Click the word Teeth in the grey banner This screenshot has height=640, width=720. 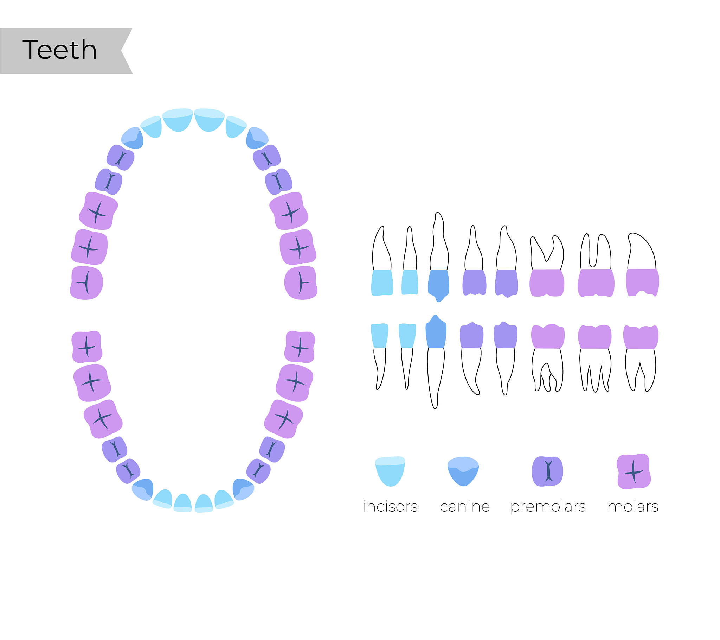(x=59, y=50)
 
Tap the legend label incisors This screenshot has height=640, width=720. (x=390, y=506)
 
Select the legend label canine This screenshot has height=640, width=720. (x=465, y=506)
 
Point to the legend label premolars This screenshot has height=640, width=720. (x=548, y=507)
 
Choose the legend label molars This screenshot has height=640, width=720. (x=633, y=506)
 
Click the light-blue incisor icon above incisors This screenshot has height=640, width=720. (x=390, y=471)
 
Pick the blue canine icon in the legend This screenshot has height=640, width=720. (x=463, y=471)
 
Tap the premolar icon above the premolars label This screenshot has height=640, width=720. (x=547, y=471)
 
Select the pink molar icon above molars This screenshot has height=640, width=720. (x=634, y=471)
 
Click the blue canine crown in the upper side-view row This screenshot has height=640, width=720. (x=438, y=285)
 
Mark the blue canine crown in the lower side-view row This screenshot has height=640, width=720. (x=436, y=332)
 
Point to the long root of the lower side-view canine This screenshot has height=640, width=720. (x=435, y=377)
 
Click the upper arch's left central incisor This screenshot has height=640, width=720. (x=178, y=120)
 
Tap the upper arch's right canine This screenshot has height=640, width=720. (x=257, y=138)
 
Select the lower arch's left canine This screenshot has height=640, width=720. (x=143, y=489)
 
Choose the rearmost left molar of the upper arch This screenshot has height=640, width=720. (x=86, y=283)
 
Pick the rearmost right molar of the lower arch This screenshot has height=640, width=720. (x=300, y=347)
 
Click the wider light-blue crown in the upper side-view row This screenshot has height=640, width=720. (x=382, y=283)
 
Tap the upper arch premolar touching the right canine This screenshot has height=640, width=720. (x=266, y=158)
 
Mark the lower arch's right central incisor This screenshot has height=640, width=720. (x=204, y=503)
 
